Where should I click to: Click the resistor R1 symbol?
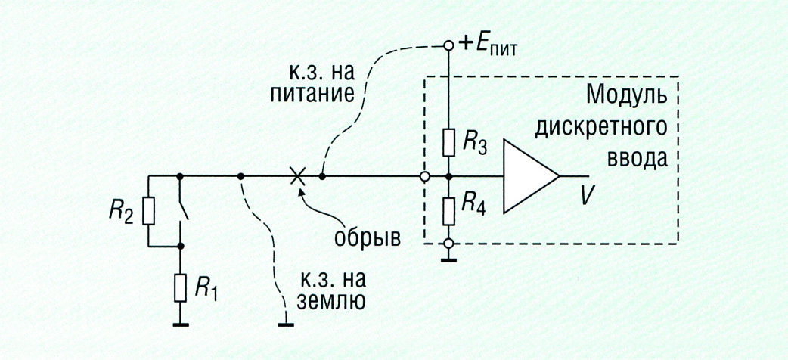coord(181,287)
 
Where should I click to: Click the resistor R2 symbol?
coord(148,211)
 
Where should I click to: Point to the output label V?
coord(586,196)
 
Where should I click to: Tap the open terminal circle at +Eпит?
coord(448,45)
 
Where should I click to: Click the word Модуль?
coord(627,98)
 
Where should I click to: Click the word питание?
coord(320,96)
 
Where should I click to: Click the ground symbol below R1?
coord(181,325)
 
